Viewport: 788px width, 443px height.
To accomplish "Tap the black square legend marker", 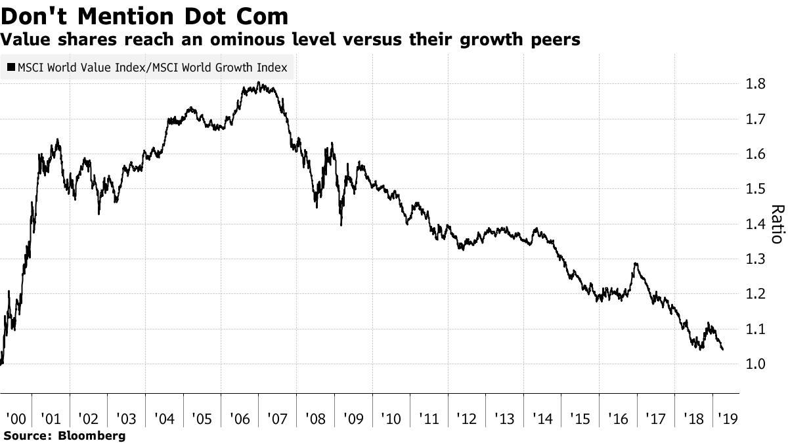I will point(11,68).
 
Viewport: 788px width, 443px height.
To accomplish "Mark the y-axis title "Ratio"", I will point(777,224).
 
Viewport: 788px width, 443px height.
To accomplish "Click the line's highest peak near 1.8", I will point(259,83).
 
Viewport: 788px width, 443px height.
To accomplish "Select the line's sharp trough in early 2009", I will point(341,225).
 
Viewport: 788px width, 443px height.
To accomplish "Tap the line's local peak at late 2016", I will point(635,264).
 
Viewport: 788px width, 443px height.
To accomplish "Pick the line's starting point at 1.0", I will point(1,363).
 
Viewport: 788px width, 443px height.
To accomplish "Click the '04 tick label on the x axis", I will point(164,418).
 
